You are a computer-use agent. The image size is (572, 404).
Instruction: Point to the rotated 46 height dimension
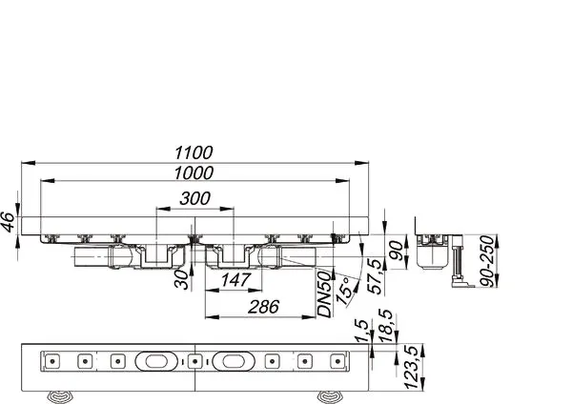pyautogui.click(x=9, y=224)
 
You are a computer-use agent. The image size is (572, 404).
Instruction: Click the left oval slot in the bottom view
pyautogui.click(x=155, y=361)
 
